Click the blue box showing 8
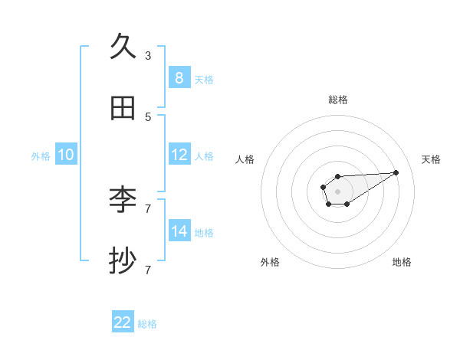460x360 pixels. coord(179,77)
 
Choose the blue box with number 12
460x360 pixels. coord(179,154)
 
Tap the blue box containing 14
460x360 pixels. coord(179,231)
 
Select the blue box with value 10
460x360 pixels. coord(66,154)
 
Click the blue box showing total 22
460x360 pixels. coord(123,322)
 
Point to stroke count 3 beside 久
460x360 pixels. coord(148,55)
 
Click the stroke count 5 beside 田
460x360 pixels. coord(148,116)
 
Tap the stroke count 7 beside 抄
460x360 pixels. coord(148,270)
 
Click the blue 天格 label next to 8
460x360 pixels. coord(204,79)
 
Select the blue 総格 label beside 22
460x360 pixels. coord(147,324)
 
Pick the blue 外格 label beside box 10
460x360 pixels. coord(41,155)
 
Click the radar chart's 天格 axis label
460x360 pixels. coord(431,159)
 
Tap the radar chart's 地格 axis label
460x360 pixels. coord(402,262)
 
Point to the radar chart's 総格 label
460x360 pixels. coord(337,100)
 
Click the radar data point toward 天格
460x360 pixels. coord(396,172)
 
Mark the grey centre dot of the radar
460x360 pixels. coord(337,190)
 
